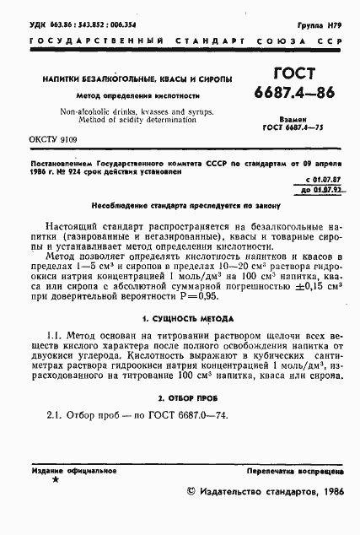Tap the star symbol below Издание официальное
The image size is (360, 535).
tap(56, 480)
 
